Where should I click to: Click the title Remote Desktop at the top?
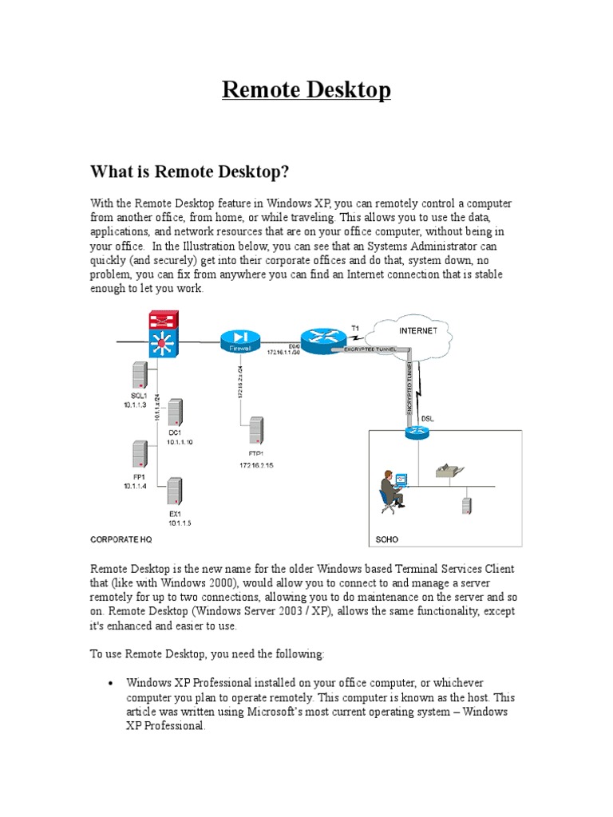(306, 90)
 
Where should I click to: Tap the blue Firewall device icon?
(237, 341)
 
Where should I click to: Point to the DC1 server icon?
(174, 412)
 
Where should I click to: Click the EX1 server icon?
(174, 490)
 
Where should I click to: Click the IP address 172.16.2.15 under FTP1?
(256, 464)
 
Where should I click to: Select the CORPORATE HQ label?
(121, 539)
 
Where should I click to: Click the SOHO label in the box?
(387, 539)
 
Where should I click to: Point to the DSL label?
(427, 418)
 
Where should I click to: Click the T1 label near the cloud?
(355, 328)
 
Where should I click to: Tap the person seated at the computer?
(391, 489)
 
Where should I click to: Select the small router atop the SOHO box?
(416, 432)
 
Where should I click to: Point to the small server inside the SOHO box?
(465, 505)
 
